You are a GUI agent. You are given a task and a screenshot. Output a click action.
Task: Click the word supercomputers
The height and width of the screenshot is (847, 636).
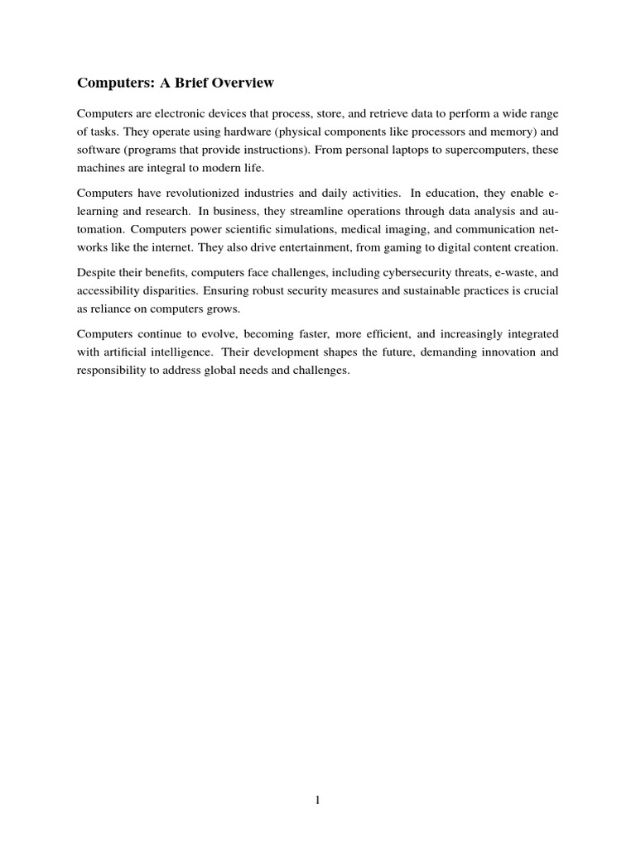coord(479,150)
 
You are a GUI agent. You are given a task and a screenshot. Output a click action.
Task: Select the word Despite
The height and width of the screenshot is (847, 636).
coord(95,272)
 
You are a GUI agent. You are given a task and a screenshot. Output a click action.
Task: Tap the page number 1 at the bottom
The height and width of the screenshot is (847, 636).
coord(318,799)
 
